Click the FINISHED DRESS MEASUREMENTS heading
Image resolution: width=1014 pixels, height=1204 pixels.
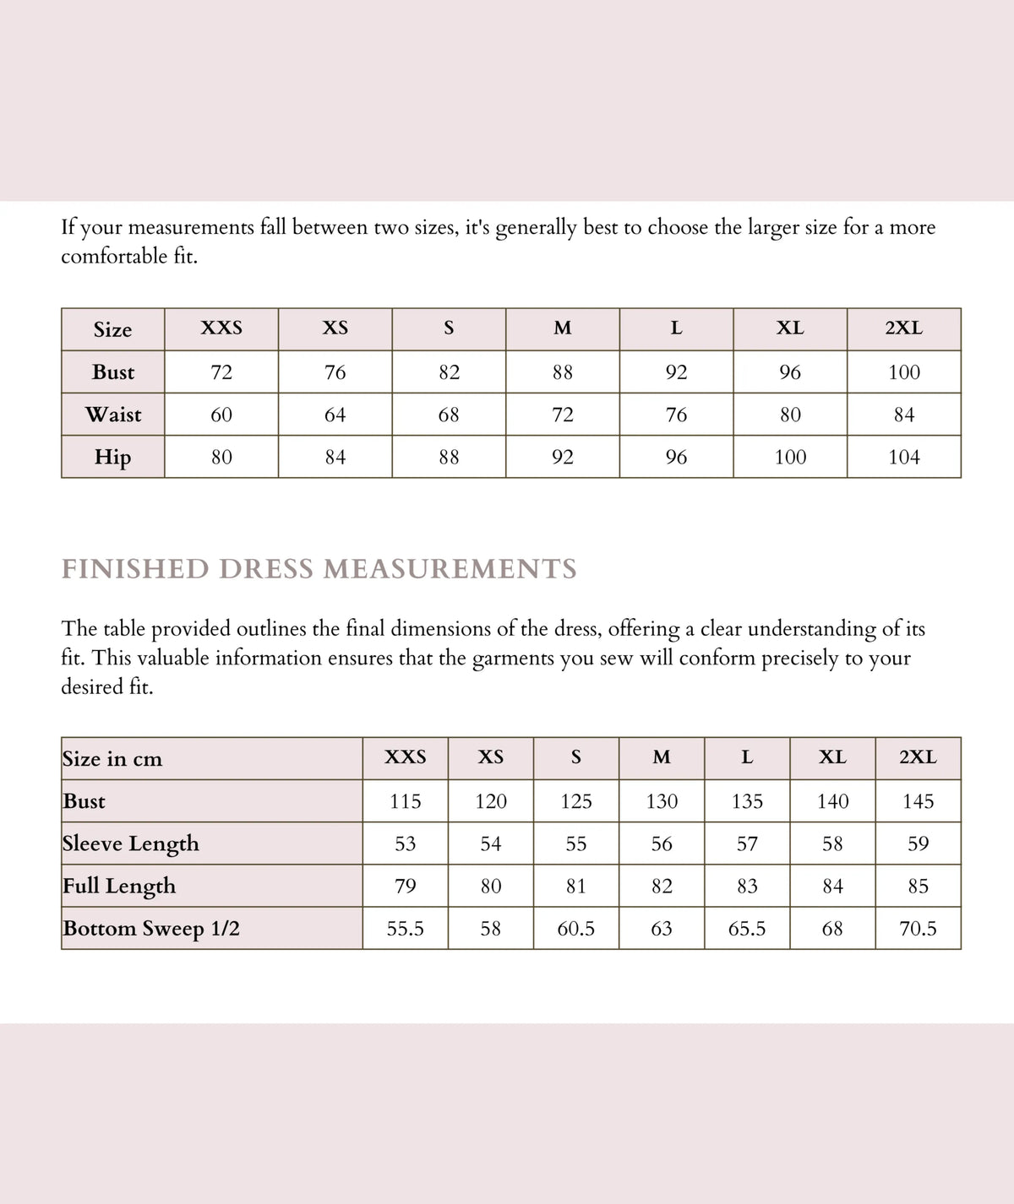tap(319, 569)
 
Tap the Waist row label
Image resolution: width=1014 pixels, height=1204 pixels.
tap(113, 415)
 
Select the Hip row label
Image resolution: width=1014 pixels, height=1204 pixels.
tap(113, 457)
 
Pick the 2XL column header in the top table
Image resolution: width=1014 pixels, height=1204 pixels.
tap(903, 328)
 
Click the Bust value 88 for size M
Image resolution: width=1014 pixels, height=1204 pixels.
tap(562, 372)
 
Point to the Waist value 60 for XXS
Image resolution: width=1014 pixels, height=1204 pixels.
tap(221, 415)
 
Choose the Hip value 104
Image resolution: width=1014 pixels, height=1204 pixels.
tap(903, 457)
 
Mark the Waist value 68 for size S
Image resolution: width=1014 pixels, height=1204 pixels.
tap(449, 415)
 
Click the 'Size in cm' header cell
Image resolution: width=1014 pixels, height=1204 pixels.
tap(112, 758)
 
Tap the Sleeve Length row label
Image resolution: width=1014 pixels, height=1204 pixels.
tap(131, 843)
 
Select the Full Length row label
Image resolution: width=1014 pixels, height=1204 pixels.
tap(119, 886)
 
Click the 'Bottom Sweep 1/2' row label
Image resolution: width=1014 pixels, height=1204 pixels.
tap(151, 929)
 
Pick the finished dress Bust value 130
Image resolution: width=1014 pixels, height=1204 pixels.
tap(662, 801)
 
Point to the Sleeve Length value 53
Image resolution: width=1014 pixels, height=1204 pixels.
tap(406, 843)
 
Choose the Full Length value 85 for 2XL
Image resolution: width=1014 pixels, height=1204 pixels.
tap(918, 886)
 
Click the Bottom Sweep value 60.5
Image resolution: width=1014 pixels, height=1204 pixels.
tap(576, 929)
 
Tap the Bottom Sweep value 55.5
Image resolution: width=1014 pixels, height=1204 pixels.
tap(406, 929)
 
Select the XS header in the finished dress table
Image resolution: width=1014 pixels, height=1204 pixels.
tap(491, 757)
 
